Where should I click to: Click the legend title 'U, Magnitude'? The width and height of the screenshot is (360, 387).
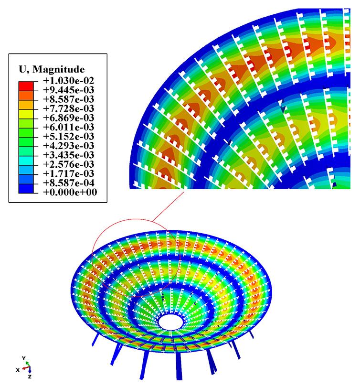[x=52, y=69]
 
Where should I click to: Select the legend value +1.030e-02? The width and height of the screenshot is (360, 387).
[x=69, y=81]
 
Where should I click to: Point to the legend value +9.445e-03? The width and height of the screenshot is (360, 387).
[x=69, y=90]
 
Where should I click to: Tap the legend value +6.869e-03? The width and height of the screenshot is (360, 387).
[x=69, y=118]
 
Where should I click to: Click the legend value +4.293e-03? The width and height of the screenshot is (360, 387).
[x=69, y=146]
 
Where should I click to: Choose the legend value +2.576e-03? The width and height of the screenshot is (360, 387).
[x=69, y=164]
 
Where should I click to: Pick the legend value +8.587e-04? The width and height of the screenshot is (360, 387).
[x=69, y=183]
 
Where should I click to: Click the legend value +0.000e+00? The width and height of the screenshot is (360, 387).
[x=70, y=192]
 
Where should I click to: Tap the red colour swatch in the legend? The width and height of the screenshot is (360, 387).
[x=26, y=86]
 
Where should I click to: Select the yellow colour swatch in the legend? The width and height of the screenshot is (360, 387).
[x=26, y=114]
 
